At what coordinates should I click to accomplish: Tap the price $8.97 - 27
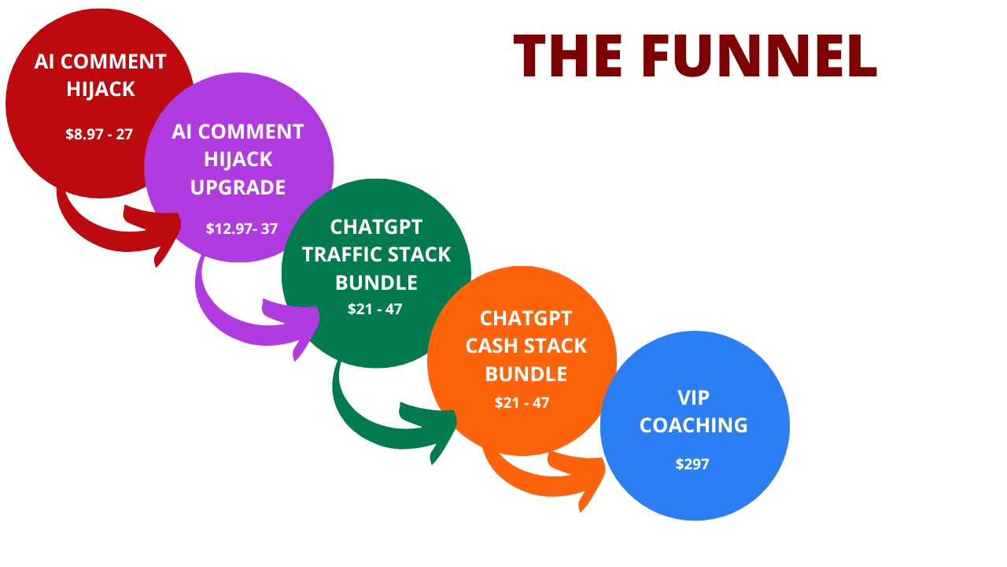click(99, 134)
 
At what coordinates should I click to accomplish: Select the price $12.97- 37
click(242, 228)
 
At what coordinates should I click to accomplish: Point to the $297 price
click(692, 464)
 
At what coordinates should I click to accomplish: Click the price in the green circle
click(375, 309)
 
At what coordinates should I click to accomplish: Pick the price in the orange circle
click(522, 402)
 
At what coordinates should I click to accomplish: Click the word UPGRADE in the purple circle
click(238, 187)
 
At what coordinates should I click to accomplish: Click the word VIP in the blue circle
click(693, 398)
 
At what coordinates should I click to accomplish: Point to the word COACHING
click(693, 425)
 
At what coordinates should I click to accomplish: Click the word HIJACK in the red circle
click(101, 89)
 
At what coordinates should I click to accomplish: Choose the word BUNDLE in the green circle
click(376, 282)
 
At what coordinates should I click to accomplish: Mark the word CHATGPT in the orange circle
click(526, 318)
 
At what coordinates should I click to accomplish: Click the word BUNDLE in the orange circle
click(526, 373)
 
